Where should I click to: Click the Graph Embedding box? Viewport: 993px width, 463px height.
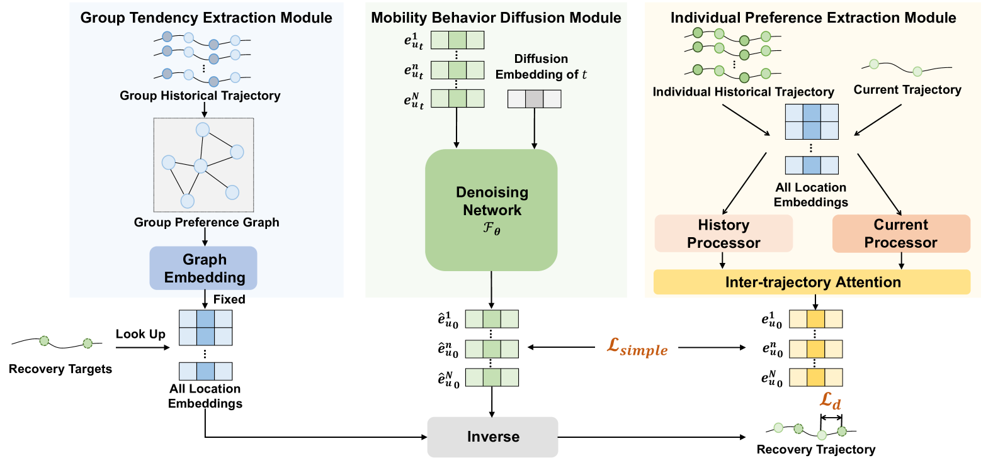pos(203,268)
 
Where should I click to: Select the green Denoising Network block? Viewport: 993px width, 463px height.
pos(491,209)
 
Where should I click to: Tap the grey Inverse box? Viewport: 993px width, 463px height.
pos(492,437)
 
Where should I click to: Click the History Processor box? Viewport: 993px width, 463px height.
pos(723,233)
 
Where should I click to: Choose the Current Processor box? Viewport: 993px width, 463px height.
pos(900,233)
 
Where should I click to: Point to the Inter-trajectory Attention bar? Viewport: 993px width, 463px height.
pos(812,282)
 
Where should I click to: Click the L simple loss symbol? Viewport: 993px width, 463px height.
pos(637,347)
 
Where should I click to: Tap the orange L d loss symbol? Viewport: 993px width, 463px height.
pos(830,400)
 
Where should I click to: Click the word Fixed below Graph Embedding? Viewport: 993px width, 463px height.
pos(229,299)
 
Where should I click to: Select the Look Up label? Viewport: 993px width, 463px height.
pos(140,334)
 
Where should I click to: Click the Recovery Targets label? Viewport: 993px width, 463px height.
pos(60,369)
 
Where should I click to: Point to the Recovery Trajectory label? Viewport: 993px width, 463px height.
pos(815,449)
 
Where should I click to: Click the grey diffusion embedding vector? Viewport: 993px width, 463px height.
pos(534,99)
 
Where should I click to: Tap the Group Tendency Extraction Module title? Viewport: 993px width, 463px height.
pos(206,18)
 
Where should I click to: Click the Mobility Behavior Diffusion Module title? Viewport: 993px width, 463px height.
pos(496,18)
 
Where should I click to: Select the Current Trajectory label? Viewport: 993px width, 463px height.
pos(907,89)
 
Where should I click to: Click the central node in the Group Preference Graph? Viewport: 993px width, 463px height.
pos(200,166)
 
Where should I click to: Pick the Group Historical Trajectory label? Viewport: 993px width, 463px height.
pos(200,96)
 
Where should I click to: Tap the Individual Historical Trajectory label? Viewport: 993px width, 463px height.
pos(743,92)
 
